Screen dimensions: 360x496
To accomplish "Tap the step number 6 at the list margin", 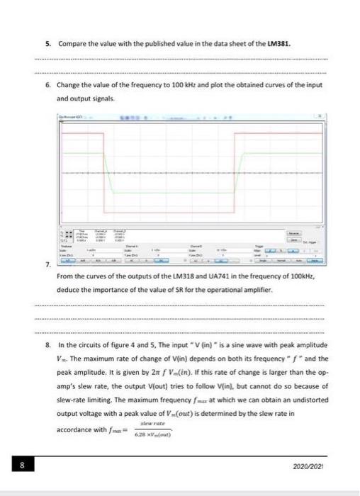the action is pos(47,85).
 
